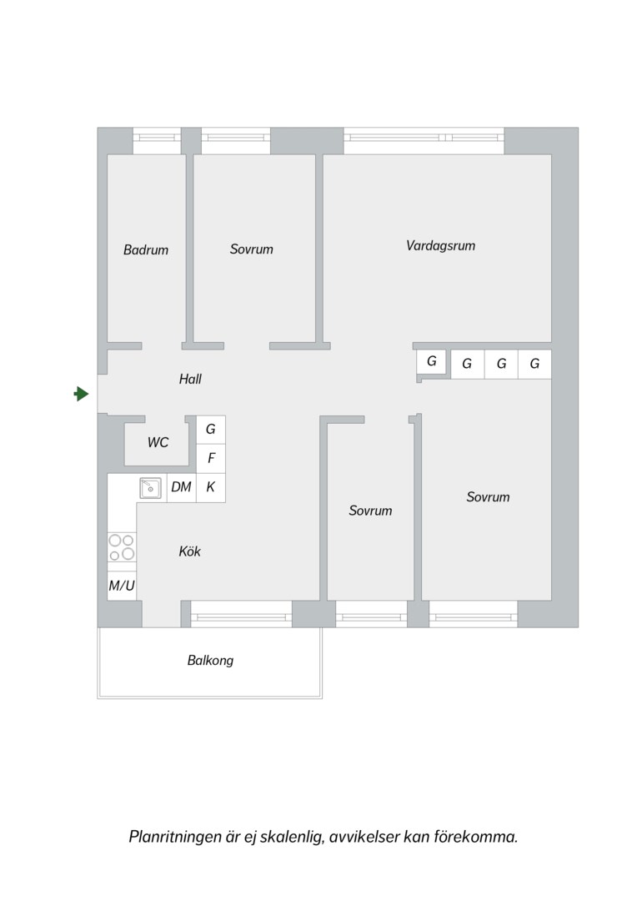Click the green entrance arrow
(x=82, y=394)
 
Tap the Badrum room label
(x=146, y=250)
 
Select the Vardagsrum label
(x=440, y=246)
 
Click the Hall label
(x=190, y=379)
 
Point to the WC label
(x=158, y=442)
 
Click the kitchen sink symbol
(x=150, y=488)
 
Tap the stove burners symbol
(x=122, y=547)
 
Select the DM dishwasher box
(x=182, y=487)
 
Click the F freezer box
(x=211, y=459)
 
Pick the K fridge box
(x=211, y=487)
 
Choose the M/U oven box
(x=122, y=586)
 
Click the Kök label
(x=189, y=551)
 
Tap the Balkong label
(x=210, y=661)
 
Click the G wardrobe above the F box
(x=211, y=430)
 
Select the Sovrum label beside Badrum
(x=252, y=249)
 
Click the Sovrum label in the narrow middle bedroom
(x=370, y=511)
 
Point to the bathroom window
(x=157, y=138)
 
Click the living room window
(x=424, y=138)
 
